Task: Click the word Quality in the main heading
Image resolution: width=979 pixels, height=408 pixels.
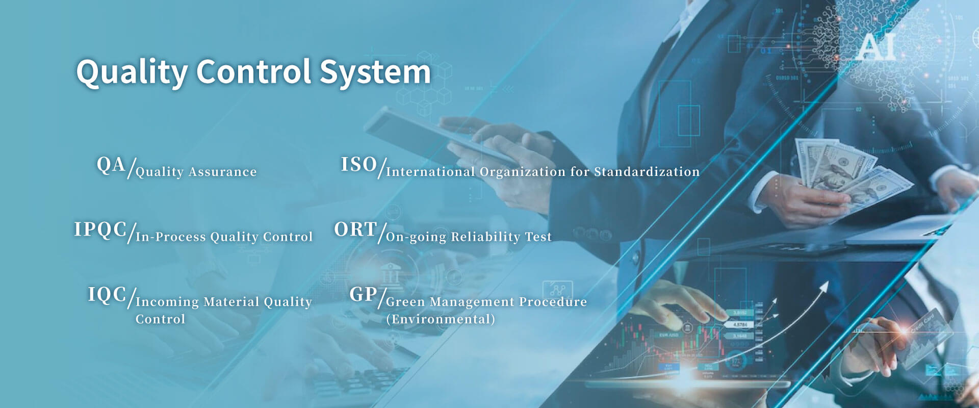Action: click(x=132, y=72)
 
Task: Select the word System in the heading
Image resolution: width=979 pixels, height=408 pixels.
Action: click(x=375, y=72)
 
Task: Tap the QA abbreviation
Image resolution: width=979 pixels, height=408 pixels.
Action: click(x=111, y=165)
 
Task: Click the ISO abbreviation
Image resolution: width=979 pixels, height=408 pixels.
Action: click(x=358, y=165)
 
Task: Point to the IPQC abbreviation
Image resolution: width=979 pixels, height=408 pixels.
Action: click(x=100, y=229)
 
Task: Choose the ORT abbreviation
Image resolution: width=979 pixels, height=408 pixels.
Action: click(x=355, y=229)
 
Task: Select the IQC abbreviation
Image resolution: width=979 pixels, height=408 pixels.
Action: click(x=107, y=295)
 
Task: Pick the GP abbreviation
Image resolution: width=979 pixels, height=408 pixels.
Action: click(x=363, y=294)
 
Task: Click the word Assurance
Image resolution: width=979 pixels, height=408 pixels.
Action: click(x=223, y=172)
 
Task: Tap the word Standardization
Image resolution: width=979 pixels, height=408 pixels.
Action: click(x=647, y=172)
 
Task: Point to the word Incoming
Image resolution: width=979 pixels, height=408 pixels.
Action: click(x=167, y=302)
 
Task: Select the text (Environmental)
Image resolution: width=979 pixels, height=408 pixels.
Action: click(x=441, y=319)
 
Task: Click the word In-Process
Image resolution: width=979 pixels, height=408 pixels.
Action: click(x=171, y=237)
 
